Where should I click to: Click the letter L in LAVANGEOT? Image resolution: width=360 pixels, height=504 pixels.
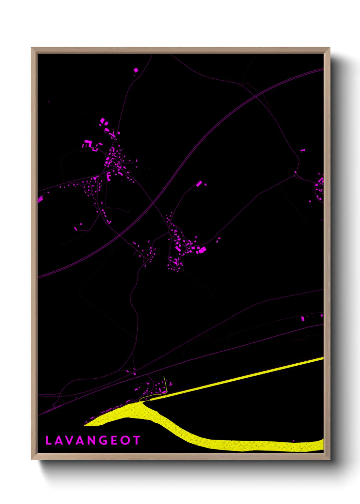click(48, 441)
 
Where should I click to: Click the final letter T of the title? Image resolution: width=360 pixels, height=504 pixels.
click(136, 441)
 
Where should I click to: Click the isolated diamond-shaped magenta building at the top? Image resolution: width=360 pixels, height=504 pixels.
click(136, 70)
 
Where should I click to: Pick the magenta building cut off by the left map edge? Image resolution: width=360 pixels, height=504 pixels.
click(40, 199)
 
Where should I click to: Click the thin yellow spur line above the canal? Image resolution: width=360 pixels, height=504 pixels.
click(165, 383)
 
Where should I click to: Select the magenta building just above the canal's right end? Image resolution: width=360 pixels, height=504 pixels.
click(302, 318)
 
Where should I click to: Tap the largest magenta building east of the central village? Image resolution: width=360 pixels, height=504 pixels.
click(202, 250)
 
